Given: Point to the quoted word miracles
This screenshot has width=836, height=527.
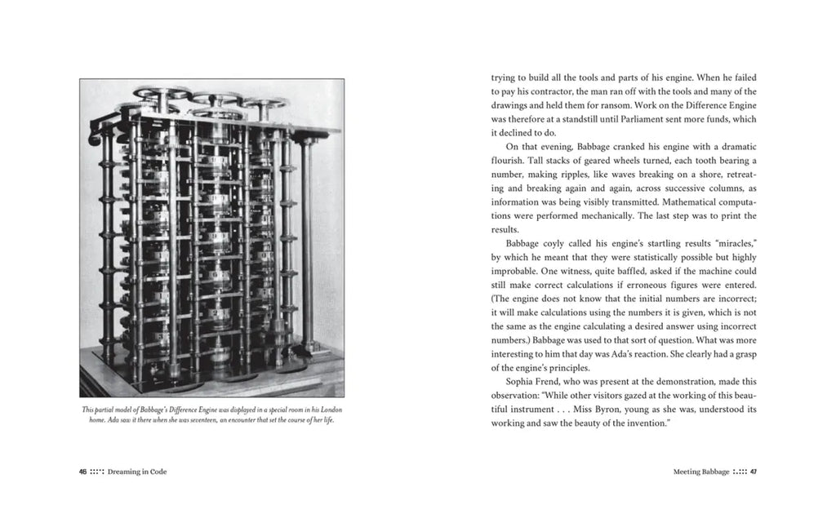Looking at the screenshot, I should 731,243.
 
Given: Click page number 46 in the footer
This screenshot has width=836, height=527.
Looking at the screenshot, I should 83,472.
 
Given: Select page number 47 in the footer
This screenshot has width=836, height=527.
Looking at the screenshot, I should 754,472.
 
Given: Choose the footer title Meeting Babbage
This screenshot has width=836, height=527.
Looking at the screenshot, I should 702,472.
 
